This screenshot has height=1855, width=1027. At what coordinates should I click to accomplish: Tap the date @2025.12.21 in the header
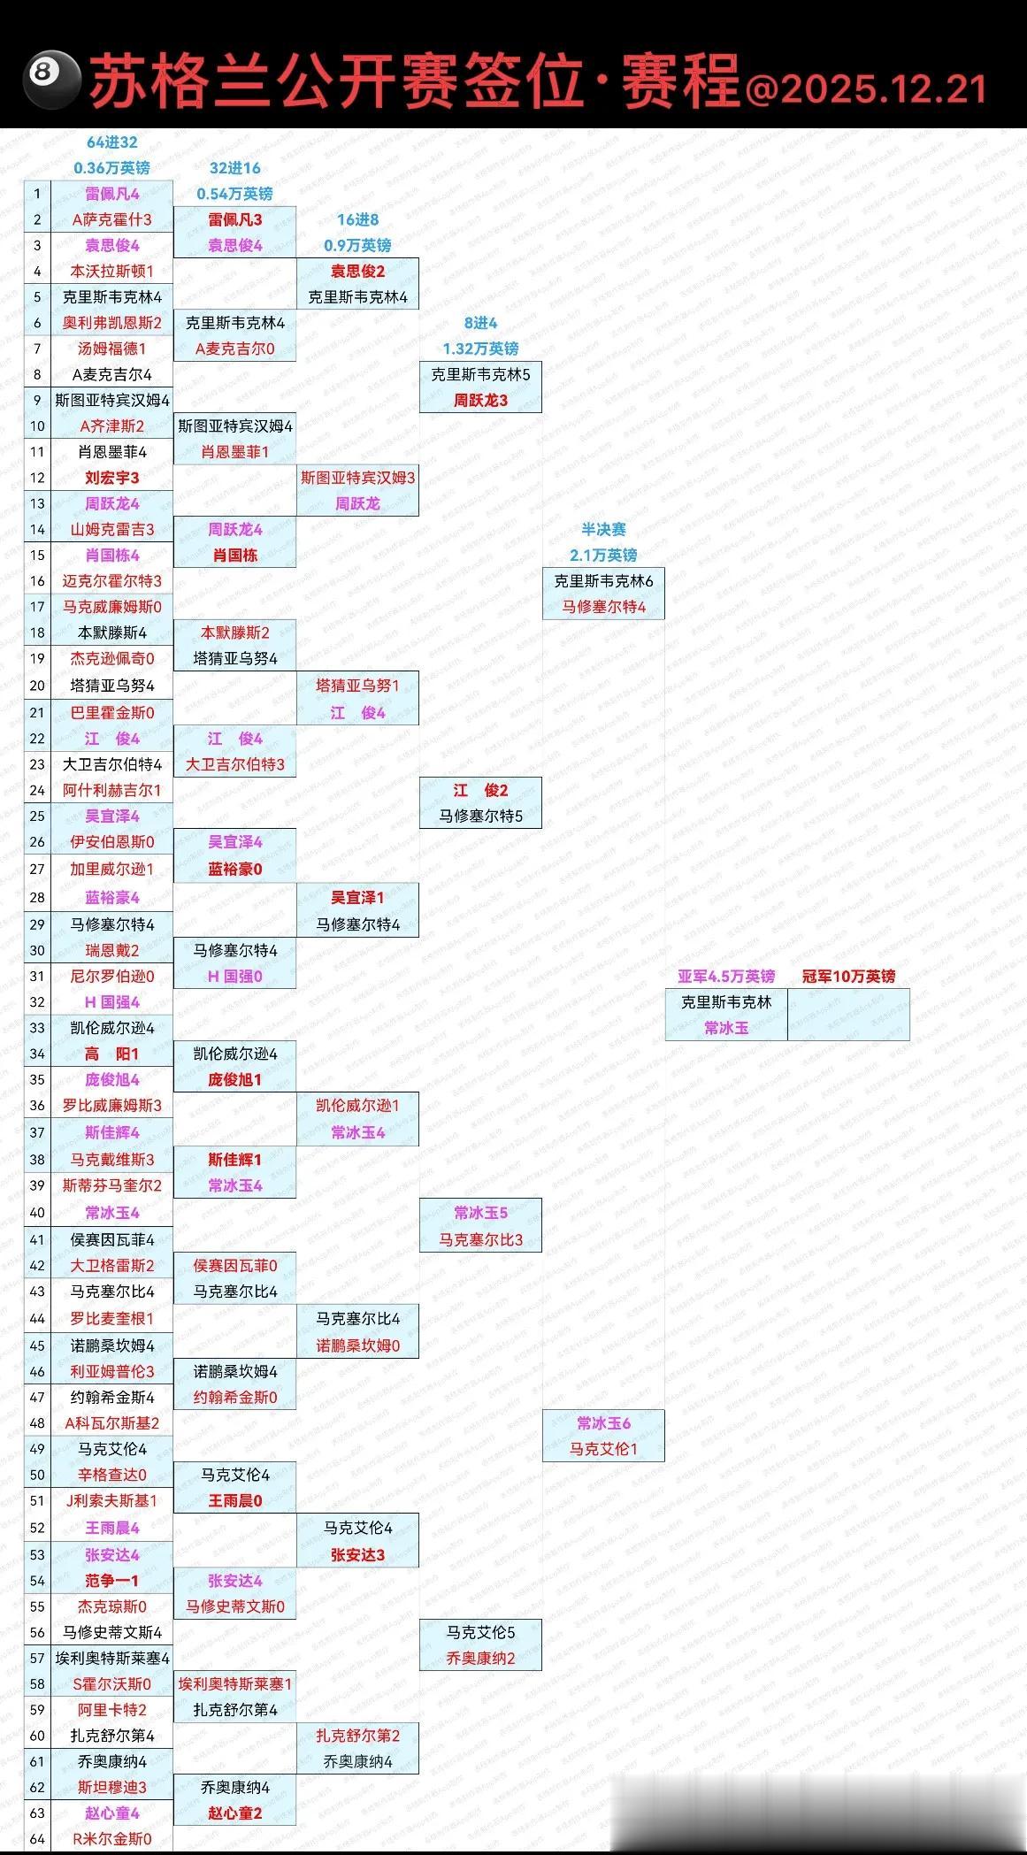(866, 89)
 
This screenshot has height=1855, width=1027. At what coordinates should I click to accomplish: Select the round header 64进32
(111, 142)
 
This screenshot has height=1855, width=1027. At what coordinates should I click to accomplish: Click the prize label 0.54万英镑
(234, 194)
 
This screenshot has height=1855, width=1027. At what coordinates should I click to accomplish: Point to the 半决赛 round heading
(603, 529)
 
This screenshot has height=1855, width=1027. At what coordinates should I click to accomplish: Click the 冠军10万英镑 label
(848, 976)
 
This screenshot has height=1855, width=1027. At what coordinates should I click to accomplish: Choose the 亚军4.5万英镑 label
(726, 976)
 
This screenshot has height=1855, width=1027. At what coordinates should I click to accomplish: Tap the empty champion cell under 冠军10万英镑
(848, 1015)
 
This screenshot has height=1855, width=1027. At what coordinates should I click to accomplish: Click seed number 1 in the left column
(37, 194)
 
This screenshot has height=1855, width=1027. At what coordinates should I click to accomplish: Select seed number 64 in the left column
(37, 1838)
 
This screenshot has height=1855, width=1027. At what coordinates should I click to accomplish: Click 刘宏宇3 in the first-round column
(111, 478)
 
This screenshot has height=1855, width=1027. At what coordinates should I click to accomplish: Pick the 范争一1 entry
(111, 1581)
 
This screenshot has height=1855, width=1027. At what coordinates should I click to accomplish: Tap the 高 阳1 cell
(111, 1054)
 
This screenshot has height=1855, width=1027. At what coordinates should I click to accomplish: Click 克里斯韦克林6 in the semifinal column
(603, 581)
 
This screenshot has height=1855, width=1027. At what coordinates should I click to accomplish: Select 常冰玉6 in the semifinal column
(603, 1423)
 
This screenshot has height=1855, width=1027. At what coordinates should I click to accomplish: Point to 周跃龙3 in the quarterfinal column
(480, 400)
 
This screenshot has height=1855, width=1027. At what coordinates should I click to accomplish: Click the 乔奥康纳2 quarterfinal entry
(480, 1658)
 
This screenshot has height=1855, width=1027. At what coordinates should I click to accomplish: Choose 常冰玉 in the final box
(726, 1027)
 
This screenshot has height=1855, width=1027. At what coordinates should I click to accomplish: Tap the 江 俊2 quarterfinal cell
(480, 790)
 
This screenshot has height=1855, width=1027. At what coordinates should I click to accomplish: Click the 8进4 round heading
(480, 323)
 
